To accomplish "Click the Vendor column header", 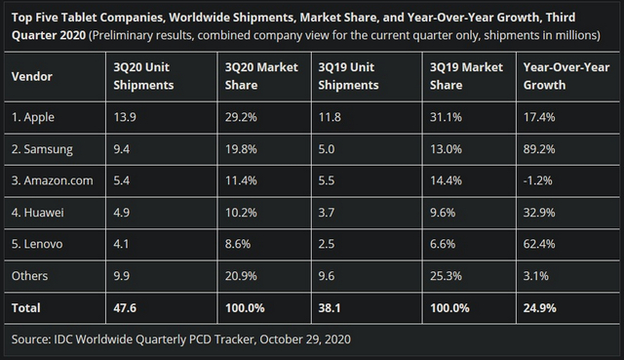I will click(x=32, y=76).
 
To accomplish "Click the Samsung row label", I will click(x=45, y=151).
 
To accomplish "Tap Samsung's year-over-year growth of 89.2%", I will click(x=539, y=151).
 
